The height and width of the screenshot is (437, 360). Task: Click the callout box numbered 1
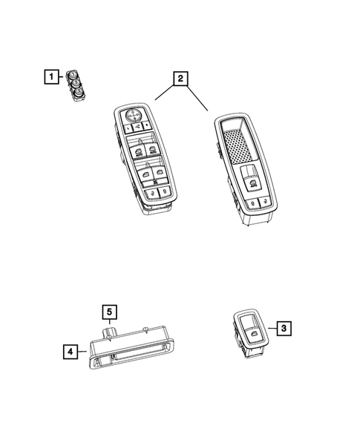(50, 76)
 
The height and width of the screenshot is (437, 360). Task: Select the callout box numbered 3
(284, 326)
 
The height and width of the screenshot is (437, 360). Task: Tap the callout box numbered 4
(69, 352)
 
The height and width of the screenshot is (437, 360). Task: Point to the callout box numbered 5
(108, 312)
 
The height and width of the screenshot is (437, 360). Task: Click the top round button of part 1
(73, 73)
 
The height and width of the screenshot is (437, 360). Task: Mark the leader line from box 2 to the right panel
(195, 96)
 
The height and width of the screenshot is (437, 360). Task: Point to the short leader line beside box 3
(269, 326)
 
